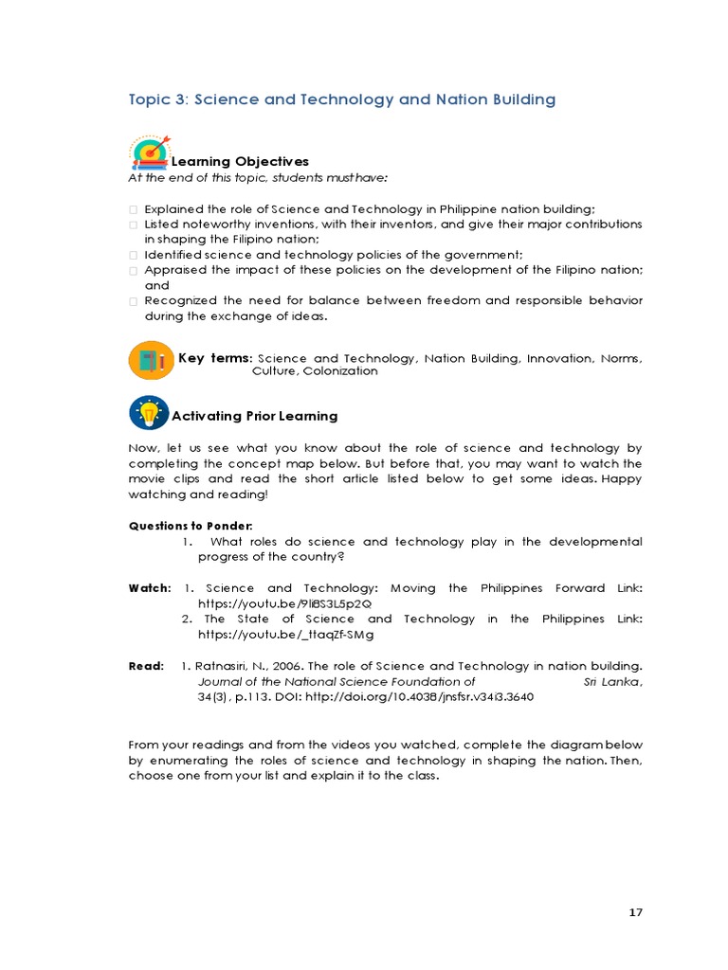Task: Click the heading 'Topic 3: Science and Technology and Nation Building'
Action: pos(341,99)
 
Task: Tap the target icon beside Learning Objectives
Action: pos(149,152)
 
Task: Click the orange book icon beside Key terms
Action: pos(150,360)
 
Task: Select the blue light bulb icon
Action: pos(148,413)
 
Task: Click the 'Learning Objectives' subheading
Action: pos(240,162)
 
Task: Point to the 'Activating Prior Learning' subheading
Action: pos(254,416)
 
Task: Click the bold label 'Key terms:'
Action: pos(215,358)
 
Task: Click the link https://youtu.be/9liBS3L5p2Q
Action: pos(285,602)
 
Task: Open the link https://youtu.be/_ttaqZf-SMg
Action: pos(285,634)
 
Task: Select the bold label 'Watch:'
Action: pos(150,588)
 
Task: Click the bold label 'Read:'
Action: pos(146,666)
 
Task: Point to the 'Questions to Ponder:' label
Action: pos(177,526)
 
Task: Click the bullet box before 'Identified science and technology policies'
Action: pos(134,256)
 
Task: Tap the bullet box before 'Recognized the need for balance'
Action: pos(134,301)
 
